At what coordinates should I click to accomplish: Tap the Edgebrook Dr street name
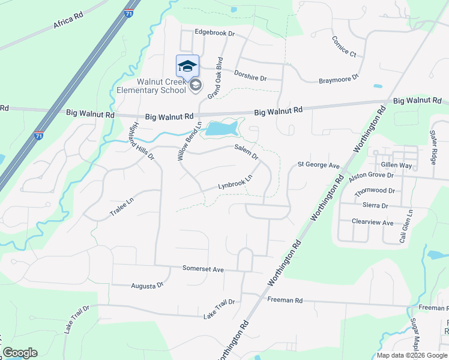(214, 34)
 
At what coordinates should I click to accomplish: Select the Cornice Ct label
(344, 46)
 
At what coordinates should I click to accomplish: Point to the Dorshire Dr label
(250, 78)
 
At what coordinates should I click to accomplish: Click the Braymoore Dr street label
(338, 77)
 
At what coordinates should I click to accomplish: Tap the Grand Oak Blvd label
(214, 78)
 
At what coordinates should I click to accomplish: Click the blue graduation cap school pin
(187, 66)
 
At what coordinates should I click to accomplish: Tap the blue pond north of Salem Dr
(221, 128)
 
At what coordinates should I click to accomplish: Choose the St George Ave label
(319, 165)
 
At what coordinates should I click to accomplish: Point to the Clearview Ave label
(372, 222)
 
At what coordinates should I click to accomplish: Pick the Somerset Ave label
(203, 270)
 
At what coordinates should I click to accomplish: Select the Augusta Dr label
(147, 286)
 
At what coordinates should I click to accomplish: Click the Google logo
(20, 353)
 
